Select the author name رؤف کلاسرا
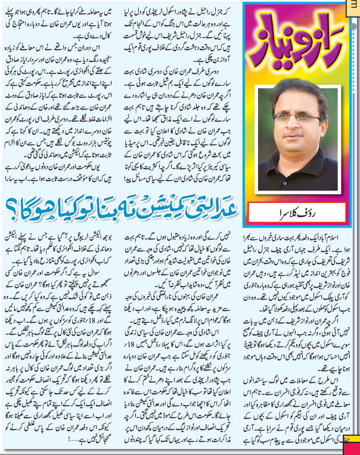[x=304, y=211]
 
